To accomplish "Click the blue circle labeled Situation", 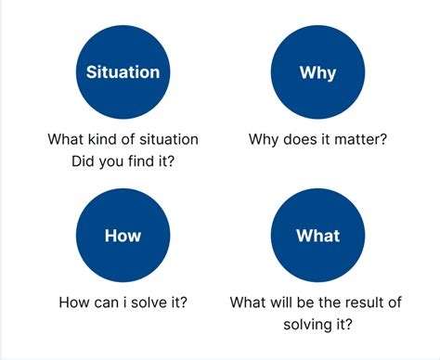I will pyautogui.click(x=123, y=71).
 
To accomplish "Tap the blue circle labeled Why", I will pyautogui.click(x=317, y=71).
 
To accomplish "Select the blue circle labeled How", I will pyautogui.click(x=123, y=236).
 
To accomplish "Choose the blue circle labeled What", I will pyautogui.click(x=317, y=236).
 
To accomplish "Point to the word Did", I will pyautogui.click(x=84, y=162).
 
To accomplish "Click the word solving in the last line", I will pyautogui.click(x=308, y=325).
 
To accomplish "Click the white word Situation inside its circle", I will pyautogui.click(x=123, y=71).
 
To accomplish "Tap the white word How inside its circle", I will pyautogui.click(x=123, y=236).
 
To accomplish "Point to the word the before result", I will pyautogui.click(x=330, y=302).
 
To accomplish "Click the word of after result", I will pyautogui.click(x=399, y=302).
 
